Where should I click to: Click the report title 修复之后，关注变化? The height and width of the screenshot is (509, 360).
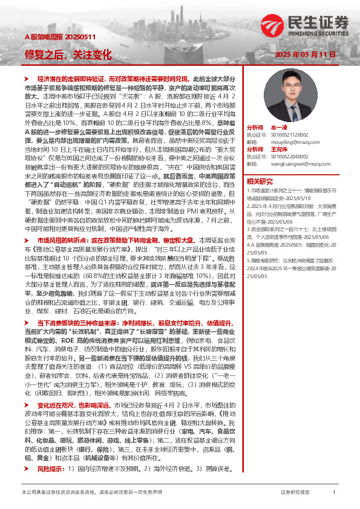coord(68,54)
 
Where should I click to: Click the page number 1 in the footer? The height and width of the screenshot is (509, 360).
coord(334,493)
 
